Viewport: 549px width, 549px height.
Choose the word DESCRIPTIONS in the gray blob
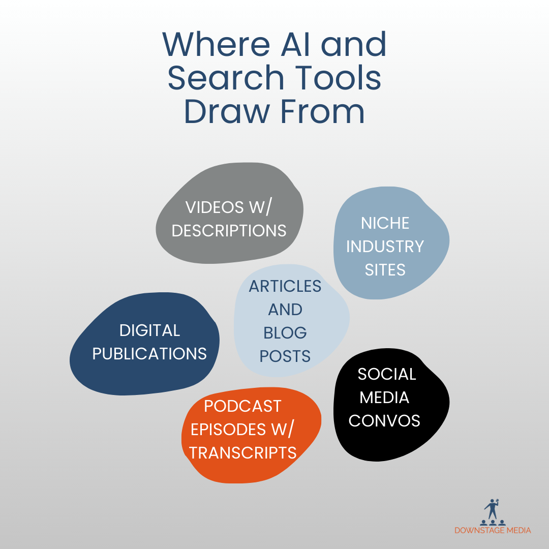point(229,230)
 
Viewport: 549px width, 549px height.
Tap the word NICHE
point(385,223)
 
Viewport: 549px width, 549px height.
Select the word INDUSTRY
point(385,247)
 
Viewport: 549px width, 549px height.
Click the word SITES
point(385,269)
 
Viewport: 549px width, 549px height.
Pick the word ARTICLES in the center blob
point(285,286)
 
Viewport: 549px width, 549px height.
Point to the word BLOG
point(285,333)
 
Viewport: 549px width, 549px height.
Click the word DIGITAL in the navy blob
point(149,330)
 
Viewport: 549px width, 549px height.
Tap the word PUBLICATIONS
point(149,353)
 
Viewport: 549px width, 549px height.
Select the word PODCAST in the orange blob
point(242,406)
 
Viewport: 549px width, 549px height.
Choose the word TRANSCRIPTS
point(243,452)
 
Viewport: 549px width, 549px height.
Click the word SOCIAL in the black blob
point(387,374)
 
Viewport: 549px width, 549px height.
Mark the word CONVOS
point(384,420)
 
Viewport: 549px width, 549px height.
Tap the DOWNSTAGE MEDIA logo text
point(493,530)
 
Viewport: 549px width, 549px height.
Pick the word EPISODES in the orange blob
point(232,430)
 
